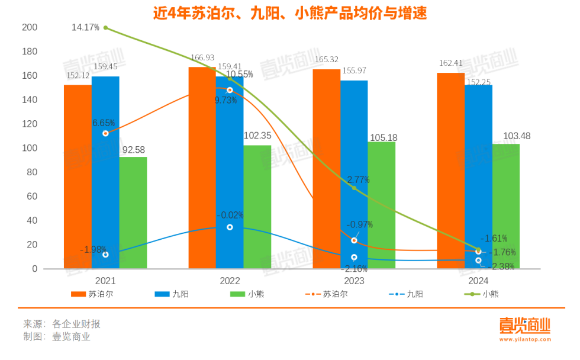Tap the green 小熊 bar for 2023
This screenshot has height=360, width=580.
[382, 205]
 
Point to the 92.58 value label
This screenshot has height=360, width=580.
[133, 149]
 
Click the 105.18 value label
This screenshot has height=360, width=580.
[383, 137]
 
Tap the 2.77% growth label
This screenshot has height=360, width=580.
[358, 180]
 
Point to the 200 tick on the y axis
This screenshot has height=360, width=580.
[29, 28]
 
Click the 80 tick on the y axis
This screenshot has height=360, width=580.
[31, 172]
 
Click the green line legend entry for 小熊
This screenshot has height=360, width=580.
[481, 294]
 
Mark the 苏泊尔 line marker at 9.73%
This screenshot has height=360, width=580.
[230, 90]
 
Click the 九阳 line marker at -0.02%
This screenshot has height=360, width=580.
[230, 227]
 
